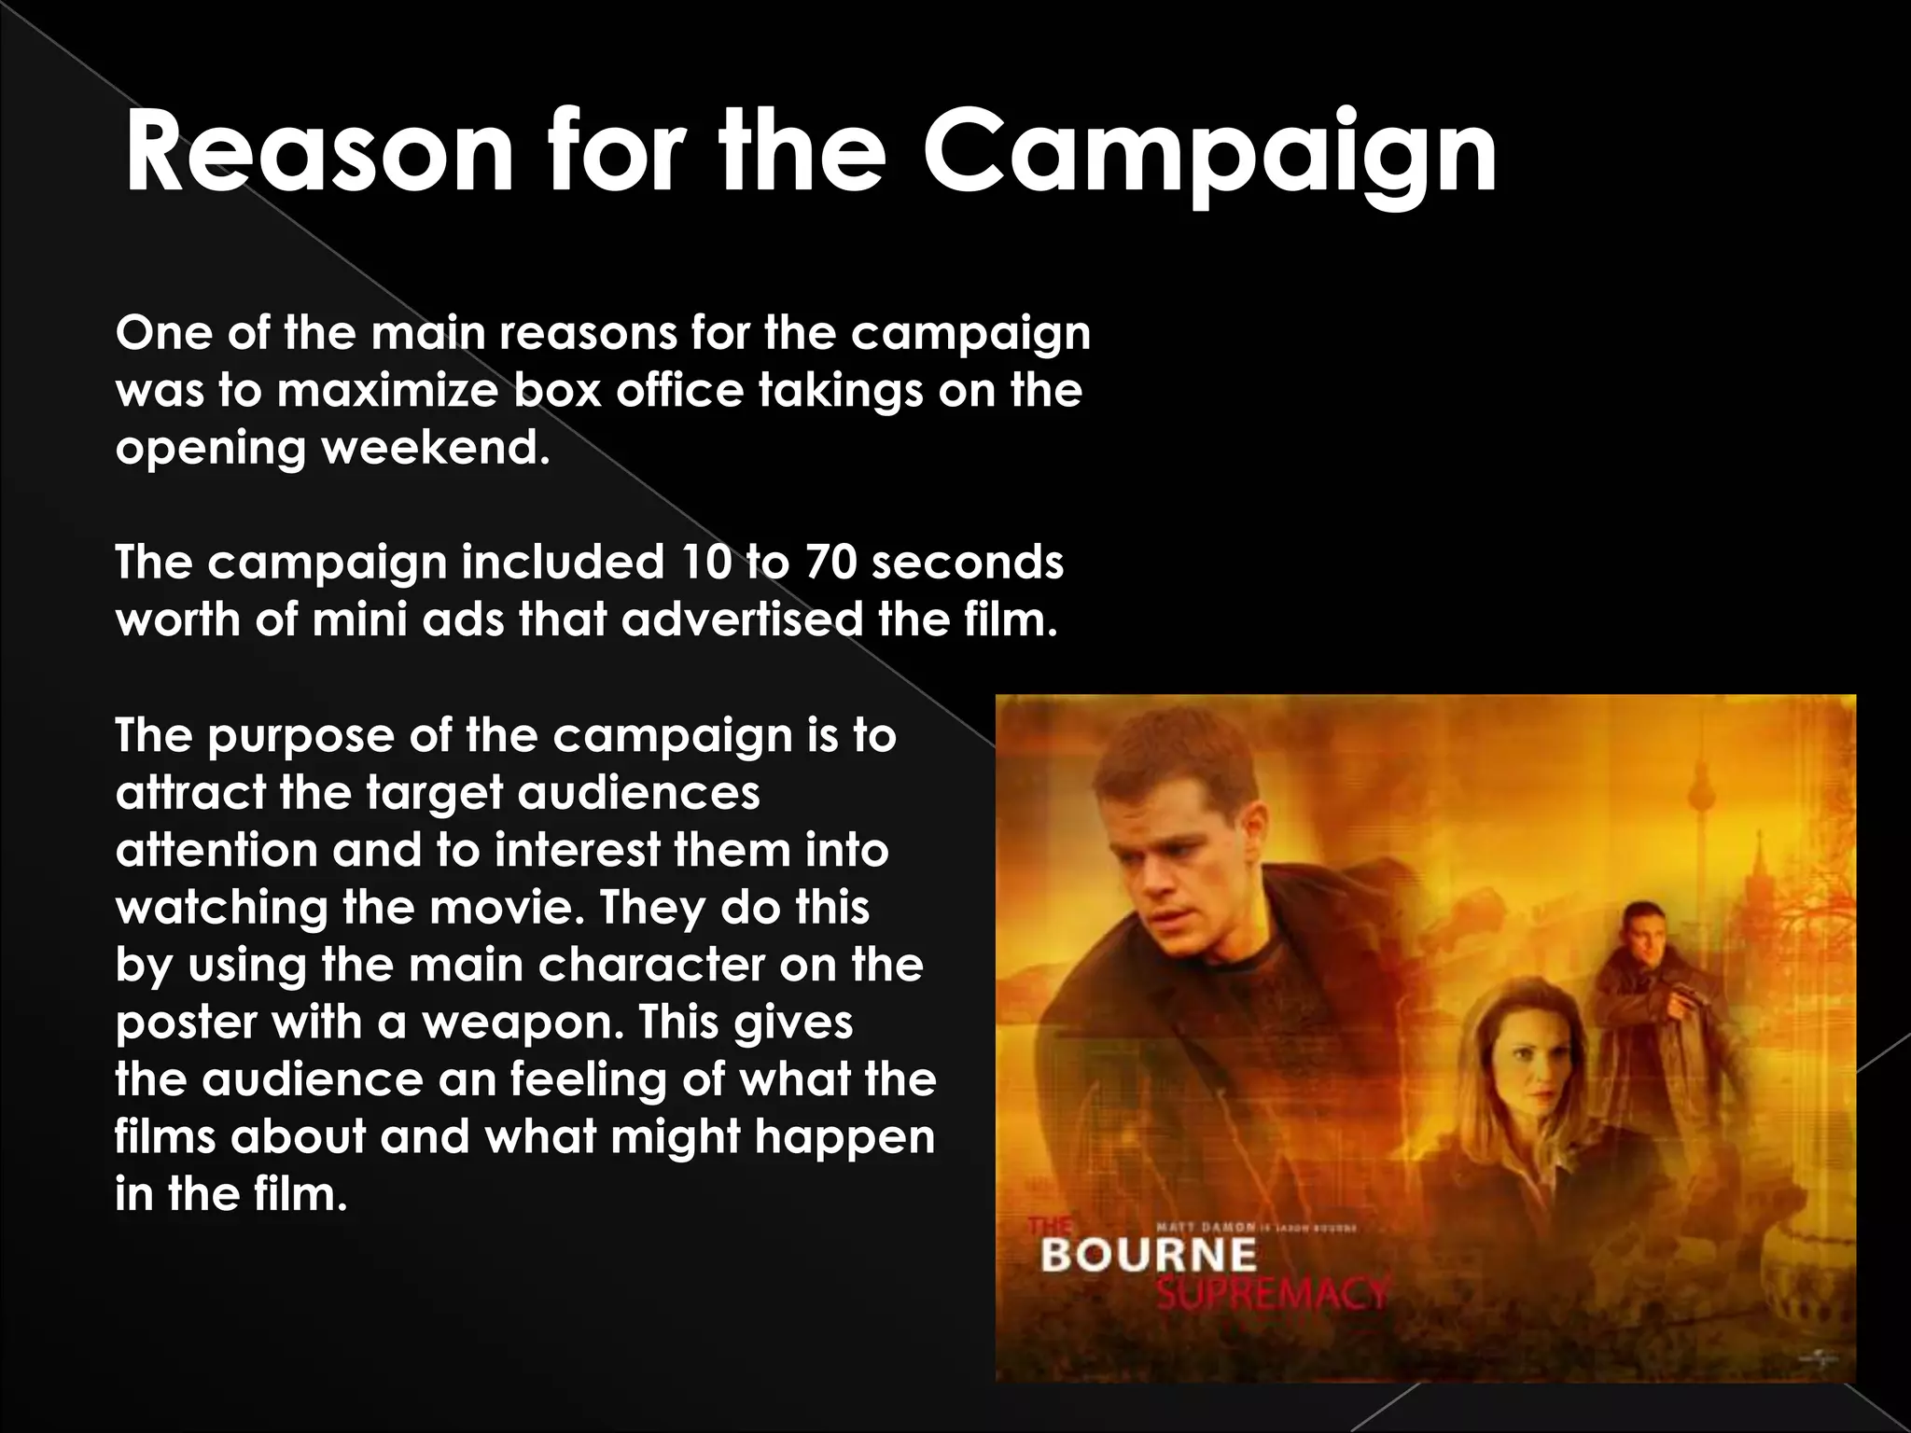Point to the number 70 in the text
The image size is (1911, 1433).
830,563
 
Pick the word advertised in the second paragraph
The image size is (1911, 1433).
742,619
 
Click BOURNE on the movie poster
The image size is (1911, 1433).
1149,1255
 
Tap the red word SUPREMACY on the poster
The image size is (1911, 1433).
1271,1294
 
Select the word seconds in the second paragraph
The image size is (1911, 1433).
967,563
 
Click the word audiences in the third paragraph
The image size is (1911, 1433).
638,793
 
